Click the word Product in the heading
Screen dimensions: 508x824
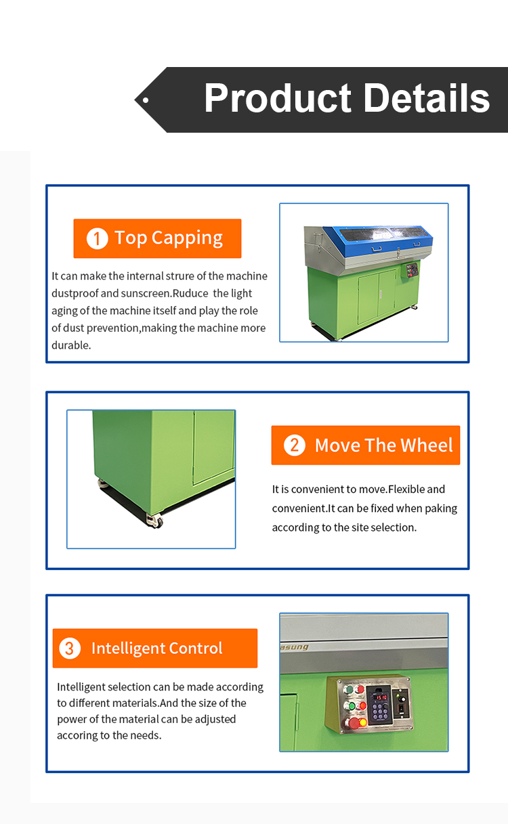click(278, 98)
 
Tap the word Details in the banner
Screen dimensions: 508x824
click(427, 97)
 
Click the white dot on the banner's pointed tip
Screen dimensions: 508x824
click(146, 100)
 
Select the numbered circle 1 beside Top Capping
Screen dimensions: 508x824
click(97, 239)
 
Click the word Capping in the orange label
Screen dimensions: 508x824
click(188, 238)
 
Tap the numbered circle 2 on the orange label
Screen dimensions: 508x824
click(295, 445)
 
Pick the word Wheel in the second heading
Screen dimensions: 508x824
click(426, 445)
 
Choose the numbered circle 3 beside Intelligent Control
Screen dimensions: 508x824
click(70, 648)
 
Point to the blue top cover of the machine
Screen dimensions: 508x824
click(383, 239)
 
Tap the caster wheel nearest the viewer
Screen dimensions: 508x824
click(155, 521)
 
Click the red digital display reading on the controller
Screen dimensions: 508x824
click(381, 697)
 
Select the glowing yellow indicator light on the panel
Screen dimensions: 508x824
click(362, 722)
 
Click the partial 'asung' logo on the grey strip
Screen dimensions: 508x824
click(295, 647)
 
